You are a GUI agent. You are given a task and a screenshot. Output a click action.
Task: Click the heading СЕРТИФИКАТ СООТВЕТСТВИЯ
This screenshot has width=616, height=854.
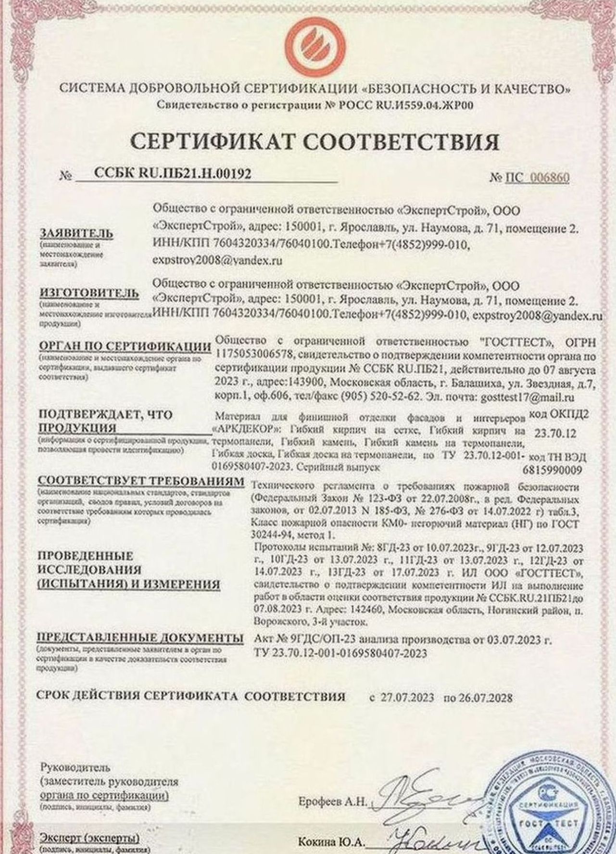315,141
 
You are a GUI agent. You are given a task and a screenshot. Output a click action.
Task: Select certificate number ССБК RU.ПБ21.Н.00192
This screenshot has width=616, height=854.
172,174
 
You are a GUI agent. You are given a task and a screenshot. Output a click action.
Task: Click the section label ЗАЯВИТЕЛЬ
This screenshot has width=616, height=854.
77,233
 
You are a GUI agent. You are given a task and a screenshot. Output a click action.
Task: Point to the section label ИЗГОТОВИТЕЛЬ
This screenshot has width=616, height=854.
83,293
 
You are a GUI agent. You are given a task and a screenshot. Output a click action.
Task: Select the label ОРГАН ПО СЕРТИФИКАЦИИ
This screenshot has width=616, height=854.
125,346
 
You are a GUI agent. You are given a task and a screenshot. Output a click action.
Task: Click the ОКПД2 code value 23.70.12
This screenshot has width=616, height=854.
558,433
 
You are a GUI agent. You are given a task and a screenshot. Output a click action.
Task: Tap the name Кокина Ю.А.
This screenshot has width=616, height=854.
331,842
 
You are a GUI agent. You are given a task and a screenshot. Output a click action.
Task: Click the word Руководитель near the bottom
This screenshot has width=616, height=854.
76,766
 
